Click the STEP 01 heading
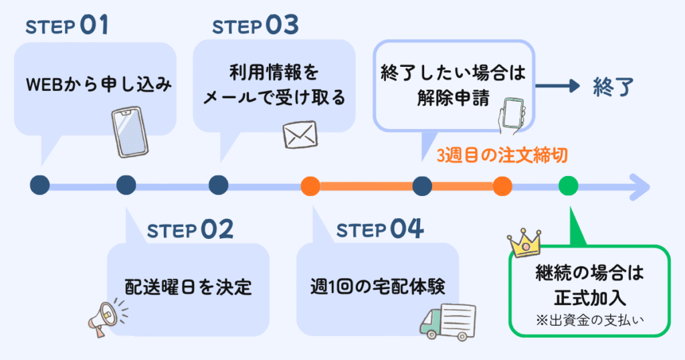click(x=67, y=26)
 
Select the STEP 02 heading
click(x=190, y=230)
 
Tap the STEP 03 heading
click(x=255, y=26)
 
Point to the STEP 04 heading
click(x=380, y=230)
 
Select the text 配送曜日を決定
click(x=189, y=286)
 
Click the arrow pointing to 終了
click(x=557, y=86)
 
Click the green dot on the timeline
click(x=569, y=185)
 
